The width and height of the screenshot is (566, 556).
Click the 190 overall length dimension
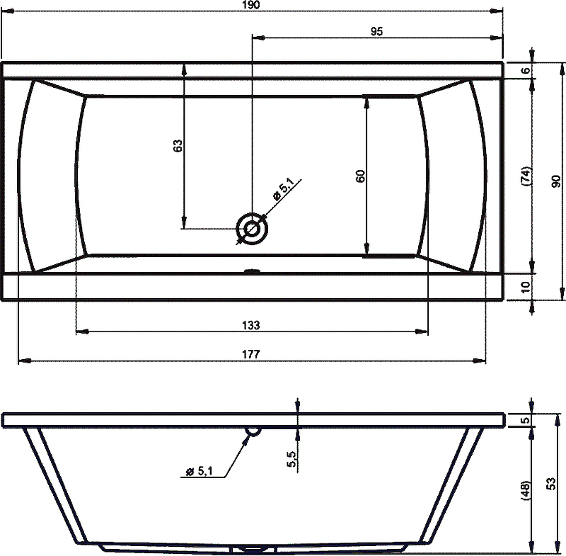coord(251,5)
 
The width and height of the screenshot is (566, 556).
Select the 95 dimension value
coord(376,31)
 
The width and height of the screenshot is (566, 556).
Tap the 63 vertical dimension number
coord(178,146)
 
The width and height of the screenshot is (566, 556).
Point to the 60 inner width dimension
coord(360,176)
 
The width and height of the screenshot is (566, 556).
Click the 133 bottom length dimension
coord(251,325)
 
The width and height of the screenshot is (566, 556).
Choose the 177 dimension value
coord(251,354)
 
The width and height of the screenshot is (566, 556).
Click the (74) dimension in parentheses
coord(526,176)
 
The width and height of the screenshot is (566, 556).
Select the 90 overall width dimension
coord(556,181)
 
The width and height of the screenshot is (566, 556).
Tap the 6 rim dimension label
coord(526,70)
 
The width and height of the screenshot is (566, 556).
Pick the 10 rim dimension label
coord(526,287)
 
